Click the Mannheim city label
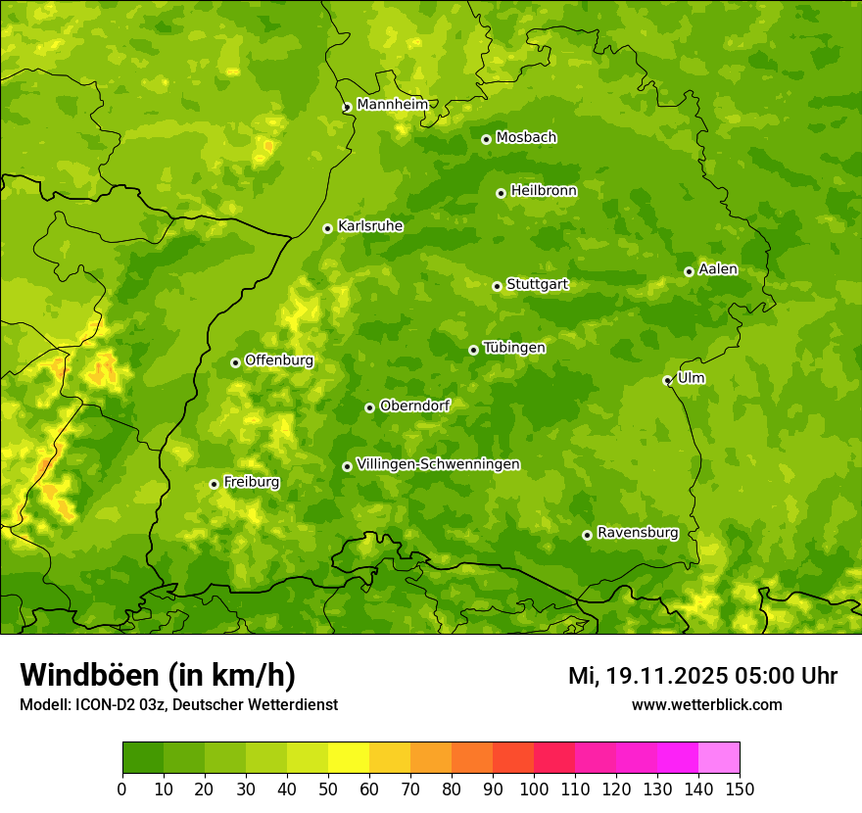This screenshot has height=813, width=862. pos(393,105)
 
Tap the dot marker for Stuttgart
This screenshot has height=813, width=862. pos(497,286)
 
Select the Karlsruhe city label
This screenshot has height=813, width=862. pos(370,226)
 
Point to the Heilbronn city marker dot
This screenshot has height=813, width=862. pos(501,193)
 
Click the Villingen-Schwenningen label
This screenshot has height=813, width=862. pos(439,464)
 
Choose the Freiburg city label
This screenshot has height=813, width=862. pos(252,482)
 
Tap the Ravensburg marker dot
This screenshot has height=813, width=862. pos(587,535)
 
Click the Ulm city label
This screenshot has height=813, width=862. pos(692,378)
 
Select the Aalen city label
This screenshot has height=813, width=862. pos(718,269)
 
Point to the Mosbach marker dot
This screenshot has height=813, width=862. pos(486,139)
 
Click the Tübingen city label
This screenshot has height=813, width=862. pos(514,348)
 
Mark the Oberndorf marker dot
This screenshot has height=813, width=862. pos(369,407)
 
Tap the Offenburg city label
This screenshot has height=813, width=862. pos(279,360)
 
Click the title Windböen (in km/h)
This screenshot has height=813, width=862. pos(158,675)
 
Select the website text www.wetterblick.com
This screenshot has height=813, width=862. pos(707,704)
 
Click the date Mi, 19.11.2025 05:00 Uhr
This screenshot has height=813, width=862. pos(702,676)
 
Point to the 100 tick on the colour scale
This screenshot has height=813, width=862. pos(534,788)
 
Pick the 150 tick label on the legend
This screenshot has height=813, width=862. pos(740,788)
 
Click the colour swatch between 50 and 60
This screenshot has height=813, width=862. pos(349,758)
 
